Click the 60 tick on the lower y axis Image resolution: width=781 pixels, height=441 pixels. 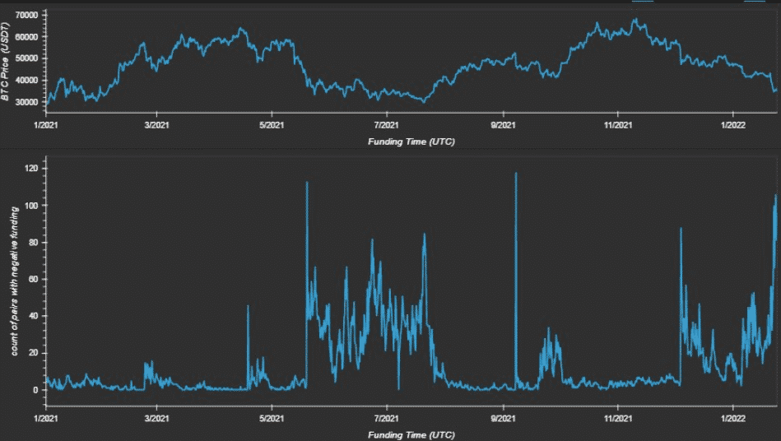coord(34,279)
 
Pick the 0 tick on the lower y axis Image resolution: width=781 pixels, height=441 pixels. coord(36,390)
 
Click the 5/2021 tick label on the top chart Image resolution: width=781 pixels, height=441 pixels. coord(272,126)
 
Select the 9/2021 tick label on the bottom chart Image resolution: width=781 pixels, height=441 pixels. coord(503,419)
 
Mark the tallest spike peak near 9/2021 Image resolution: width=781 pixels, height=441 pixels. coord(516,174)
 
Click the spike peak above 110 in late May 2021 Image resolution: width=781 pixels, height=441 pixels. coord(307,183)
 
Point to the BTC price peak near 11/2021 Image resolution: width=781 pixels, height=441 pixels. coord(635,20)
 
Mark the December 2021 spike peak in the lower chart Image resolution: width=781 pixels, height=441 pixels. coord(681,229)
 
